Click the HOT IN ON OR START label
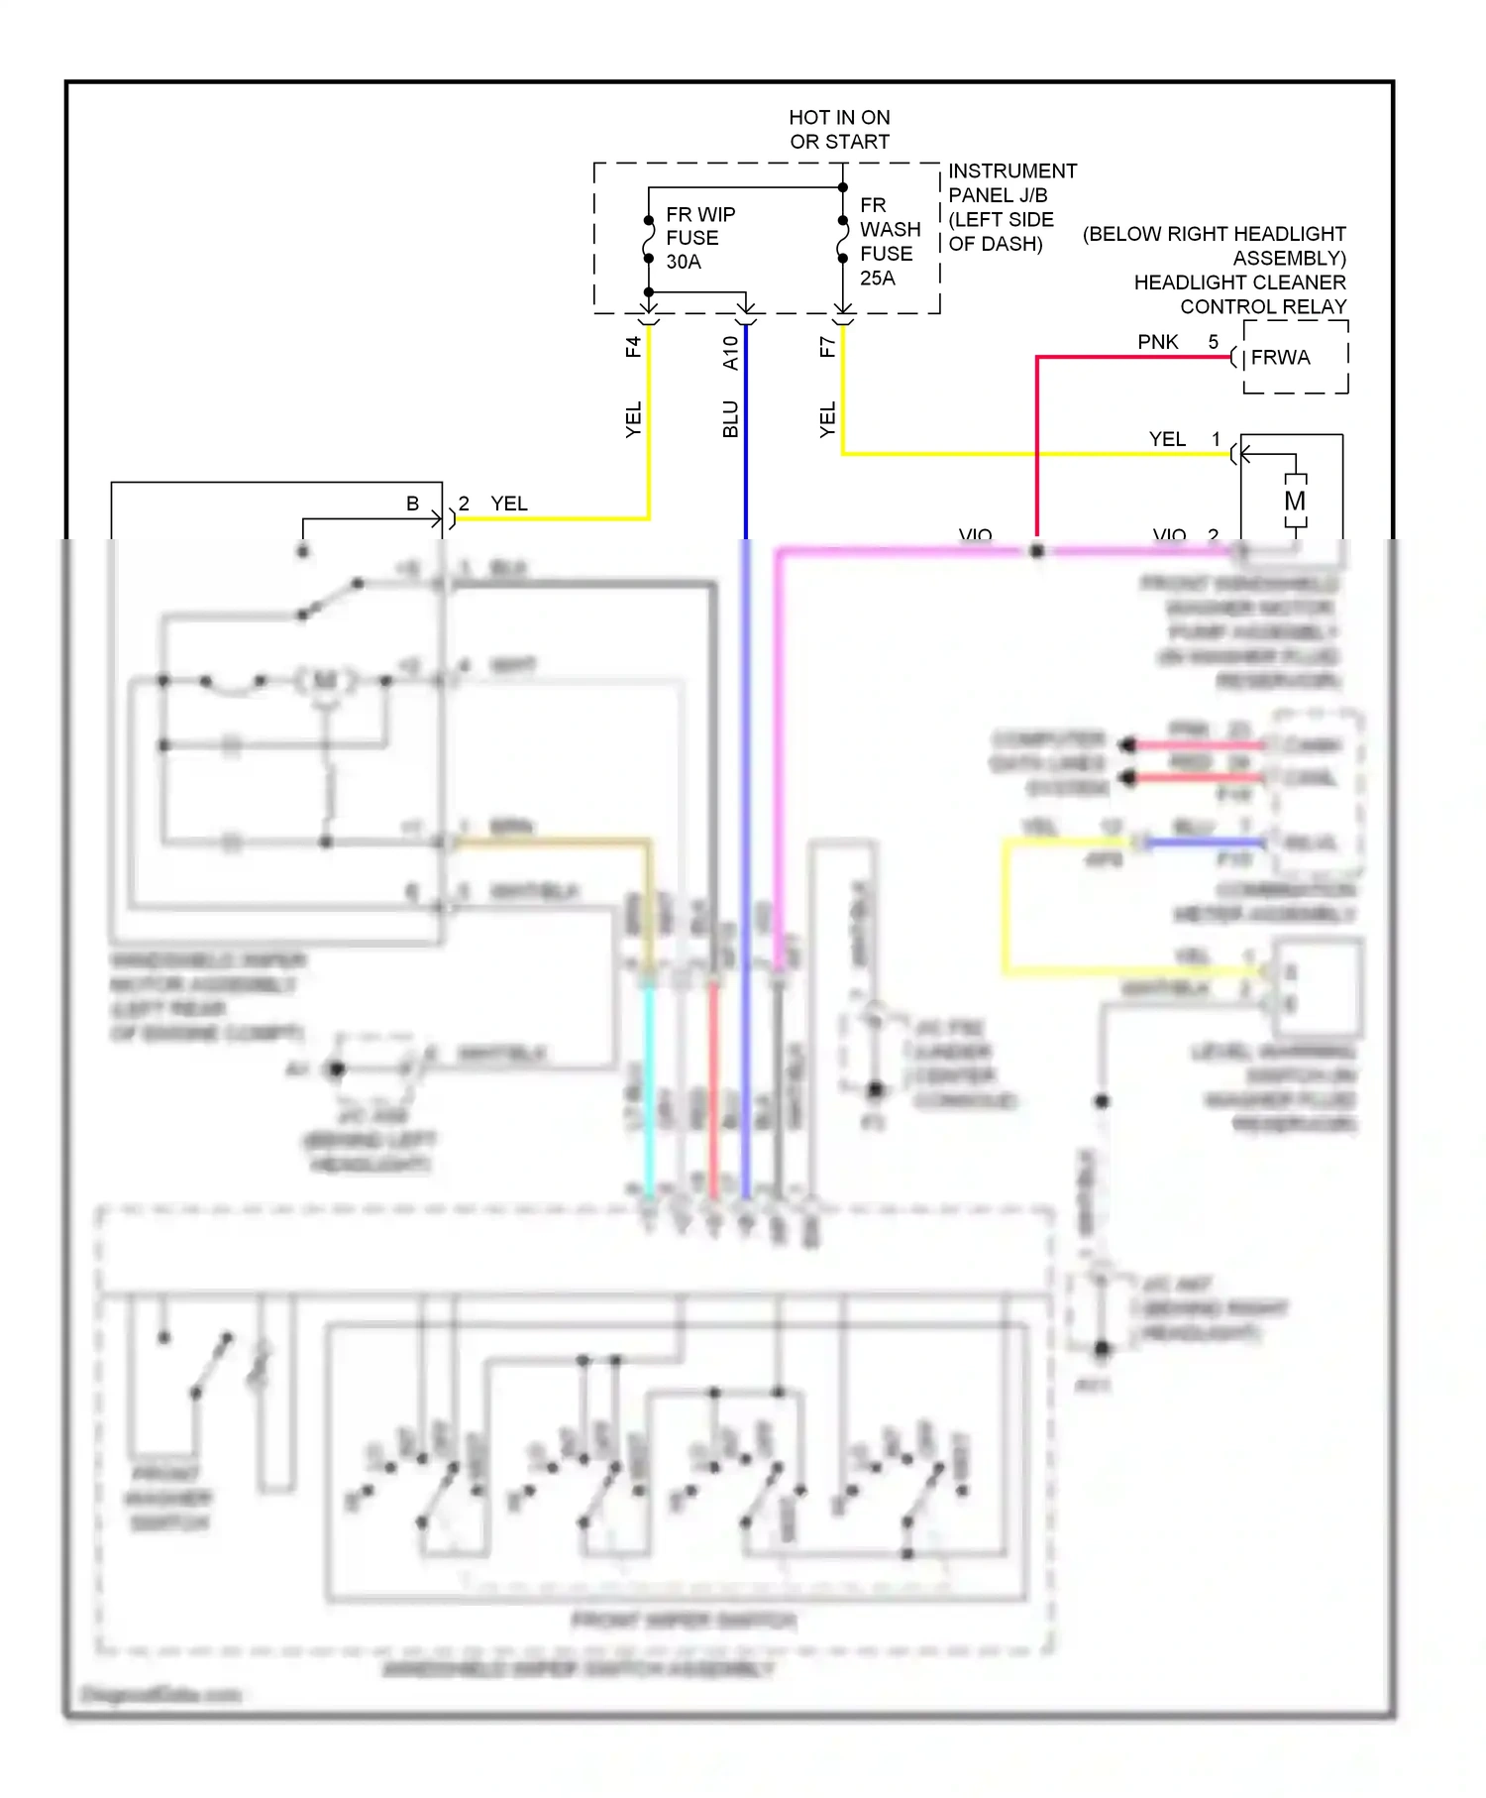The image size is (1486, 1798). click(839, 130)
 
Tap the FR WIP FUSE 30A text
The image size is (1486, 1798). click(699, 238)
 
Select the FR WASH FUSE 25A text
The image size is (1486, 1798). click(889, 242)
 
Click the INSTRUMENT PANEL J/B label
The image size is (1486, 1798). click(1010, 183)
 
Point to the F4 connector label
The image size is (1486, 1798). click(633, 347)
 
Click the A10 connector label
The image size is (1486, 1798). click(730, 353)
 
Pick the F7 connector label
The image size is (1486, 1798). click(827, 347)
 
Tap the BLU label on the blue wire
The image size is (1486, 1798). click(730, 418)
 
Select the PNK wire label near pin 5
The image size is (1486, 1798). click(1157, 342)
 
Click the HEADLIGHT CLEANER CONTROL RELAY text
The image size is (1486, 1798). click(1239, 294)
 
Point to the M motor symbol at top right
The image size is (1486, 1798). click(1295, 502)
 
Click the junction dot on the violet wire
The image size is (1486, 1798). click(1037, 550)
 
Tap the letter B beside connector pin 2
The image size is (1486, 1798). click(412, 504)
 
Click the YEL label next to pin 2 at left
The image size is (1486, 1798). click(509, 504)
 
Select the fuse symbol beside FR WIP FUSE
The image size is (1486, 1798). click(649, 239)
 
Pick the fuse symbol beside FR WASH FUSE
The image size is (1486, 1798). click(843, 239)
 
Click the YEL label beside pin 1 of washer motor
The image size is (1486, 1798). click(1166, 439)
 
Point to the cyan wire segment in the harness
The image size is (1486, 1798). click(649, 1090)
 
